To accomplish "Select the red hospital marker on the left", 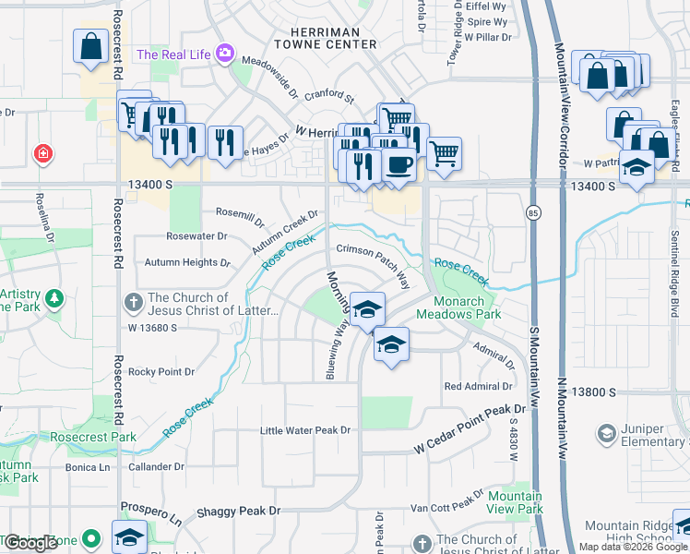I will click(x=42, y=154).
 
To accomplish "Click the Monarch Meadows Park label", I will click(x=458, y=307).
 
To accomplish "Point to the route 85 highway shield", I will click(x=535, y=214).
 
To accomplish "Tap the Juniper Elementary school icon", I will click(x=607, y=433).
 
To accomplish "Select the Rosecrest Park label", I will click(x=93, y=436).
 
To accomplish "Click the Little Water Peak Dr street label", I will click(x=305, y=430).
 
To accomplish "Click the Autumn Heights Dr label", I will click(x=187, y=262).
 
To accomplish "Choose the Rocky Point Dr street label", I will click(x=162, y=372).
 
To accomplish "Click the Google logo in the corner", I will click(x=30, y=543).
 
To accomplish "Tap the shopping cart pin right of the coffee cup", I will click(x=445, y=154).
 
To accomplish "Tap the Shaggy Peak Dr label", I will click(x=238, y=511).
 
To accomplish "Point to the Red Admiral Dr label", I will click(x=478, y=386).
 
